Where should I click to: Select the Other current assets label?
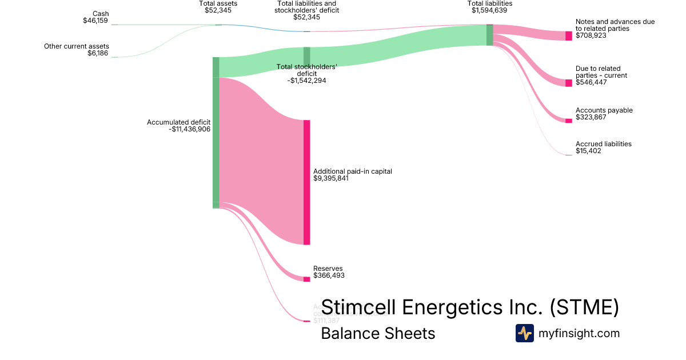(77, 46)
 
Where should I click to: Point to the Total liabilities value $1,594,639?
(490, 10)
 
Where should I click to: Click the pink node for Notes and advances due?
(568, 36)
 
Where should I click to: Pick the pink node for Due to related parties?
(568, 83)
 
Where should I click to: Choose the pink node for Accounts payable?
(568, 121)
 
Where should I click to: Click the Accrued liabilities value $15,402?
(588, 151)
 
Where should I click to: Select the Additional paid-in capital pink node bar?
(306, 182)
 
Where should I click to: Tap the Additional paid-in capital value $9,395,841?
(331, 178)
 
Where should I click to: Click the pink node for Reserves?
(306, 279)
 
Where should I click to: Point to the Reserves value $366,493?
(329, 275)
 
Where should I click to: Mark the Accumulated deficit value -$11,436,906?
(190, 129)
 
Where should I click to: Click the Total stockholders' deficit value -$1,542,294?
(307, 81)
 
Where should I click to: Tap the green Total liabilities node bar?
(489, 35)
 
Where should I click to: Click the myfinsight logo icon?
(524, 333)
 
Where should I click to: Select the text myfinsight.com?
(579, 333)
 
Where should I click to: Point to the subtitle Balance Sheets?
(378, 333)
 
